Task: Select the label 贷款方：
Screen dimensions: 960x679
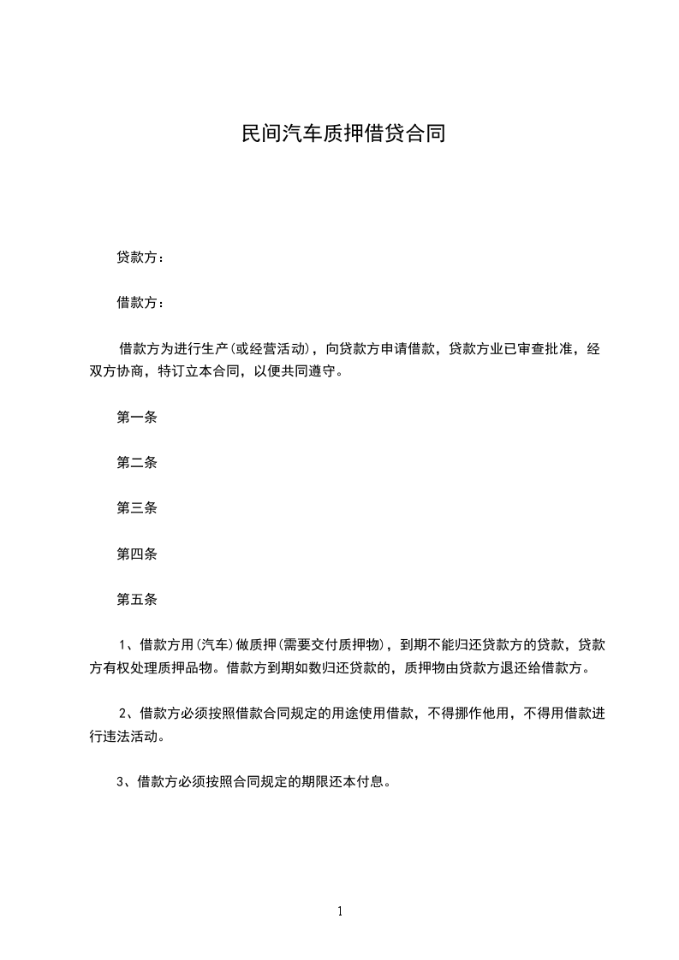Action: (x=140, y=257)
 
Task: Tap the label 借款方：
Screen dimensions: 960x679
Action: (x=140, y=302)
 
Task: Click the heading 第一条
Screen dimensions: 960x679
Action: (x=136, y=418)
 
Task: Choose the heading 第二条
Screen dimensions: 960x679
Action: (x=136, y=463)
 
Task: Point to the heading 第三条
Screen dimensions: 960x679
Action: (x=136, y=508)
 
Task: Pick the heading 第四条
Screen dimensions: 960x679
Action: (x=136, y=554)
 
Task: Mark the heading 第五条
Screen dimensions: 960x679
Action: (x=136, y=599)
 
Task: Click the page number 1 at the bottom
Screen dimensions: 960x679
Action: (x=340, y=911)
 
